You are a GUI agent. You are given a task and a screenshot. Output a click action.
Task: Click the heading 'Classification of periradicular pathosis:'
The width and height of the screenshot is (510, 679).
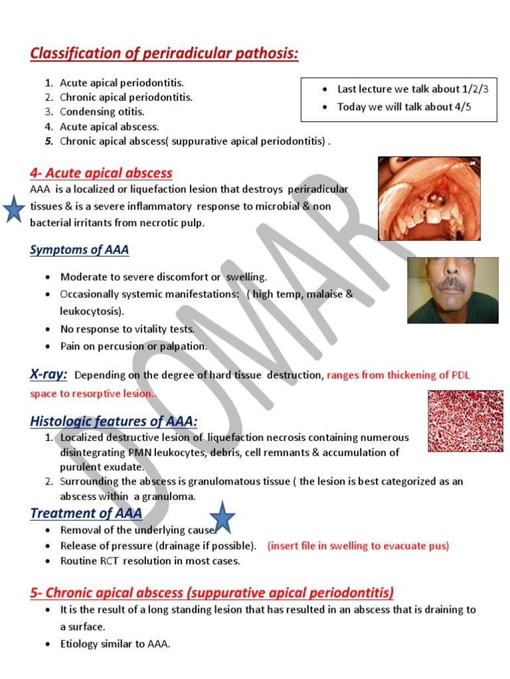coord(164,54)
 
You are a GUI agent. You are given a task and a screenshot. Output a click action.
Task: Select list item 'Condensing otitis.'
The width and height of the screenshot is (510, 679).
coord(102,111)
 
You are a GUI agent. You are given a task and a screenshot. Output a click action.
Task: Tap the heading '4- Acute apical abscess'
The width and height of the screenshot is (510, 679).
coord(101,174)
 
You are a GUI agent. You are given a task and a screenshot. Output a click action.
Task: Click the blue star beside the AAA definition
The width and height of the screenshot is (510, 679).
coord(13,211)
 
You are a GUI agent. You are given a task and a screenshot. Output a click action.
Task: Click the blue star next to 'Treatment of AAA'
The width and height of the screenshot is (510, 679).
coord(222,518)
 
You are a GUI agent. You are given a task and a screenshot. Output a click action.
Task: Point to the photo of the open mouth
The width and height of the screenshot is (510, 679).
coord(428,198)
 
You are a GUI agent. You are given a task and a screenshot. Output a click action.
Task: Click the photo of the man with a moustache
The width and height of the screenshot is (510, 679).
coord(452,290)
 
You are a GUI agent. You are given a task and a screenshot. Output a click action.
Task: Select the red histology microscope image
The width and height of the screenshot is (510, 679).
coord(465,421)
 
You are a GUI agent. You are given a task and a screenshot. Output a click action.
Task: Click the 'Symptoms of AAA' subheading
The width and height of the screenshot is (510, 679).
coord(79,250)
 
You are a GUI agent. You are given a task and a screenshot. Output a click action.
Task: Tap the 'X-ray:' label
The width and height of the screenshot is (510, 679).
coord(48,375)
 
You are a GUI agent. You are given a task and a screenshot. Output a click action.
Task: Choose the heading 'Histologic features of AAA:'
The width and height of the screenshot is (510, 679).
coord(114,422)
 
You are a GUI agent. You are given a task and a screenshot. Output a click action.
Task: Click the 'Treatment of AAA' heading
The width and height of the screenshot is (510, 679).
coord(86,513)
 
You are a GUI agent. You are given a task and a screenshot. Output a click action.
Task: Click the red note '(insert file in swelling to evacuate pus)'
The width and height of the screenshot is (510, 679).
coord(358,546)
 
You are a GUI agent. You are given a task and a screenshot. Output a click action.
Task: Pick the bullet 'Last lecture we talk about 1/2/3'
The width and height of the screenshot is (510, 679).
coord(412,89)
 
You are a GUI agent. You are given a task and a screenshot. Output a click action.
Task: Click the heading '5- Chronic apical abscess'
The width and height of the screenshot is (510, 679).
coord(212,592)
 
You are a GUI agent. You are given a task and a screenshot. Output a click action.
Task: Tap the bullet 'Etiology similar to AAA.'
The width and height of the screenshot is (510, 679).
coord(115,643)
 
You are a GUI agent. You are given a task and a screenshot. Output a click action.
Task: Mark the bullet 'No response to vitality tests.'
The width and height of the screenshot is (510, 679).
coord(127,329)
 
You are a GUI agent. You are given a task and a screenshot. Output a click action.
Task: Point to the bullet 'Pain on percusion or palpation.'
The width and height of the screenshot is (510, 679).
coord(133,346)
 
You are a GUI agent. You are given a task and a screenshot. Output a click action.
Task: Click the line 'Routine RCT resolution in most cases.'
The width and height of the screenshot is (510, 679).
coord(150,561)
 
